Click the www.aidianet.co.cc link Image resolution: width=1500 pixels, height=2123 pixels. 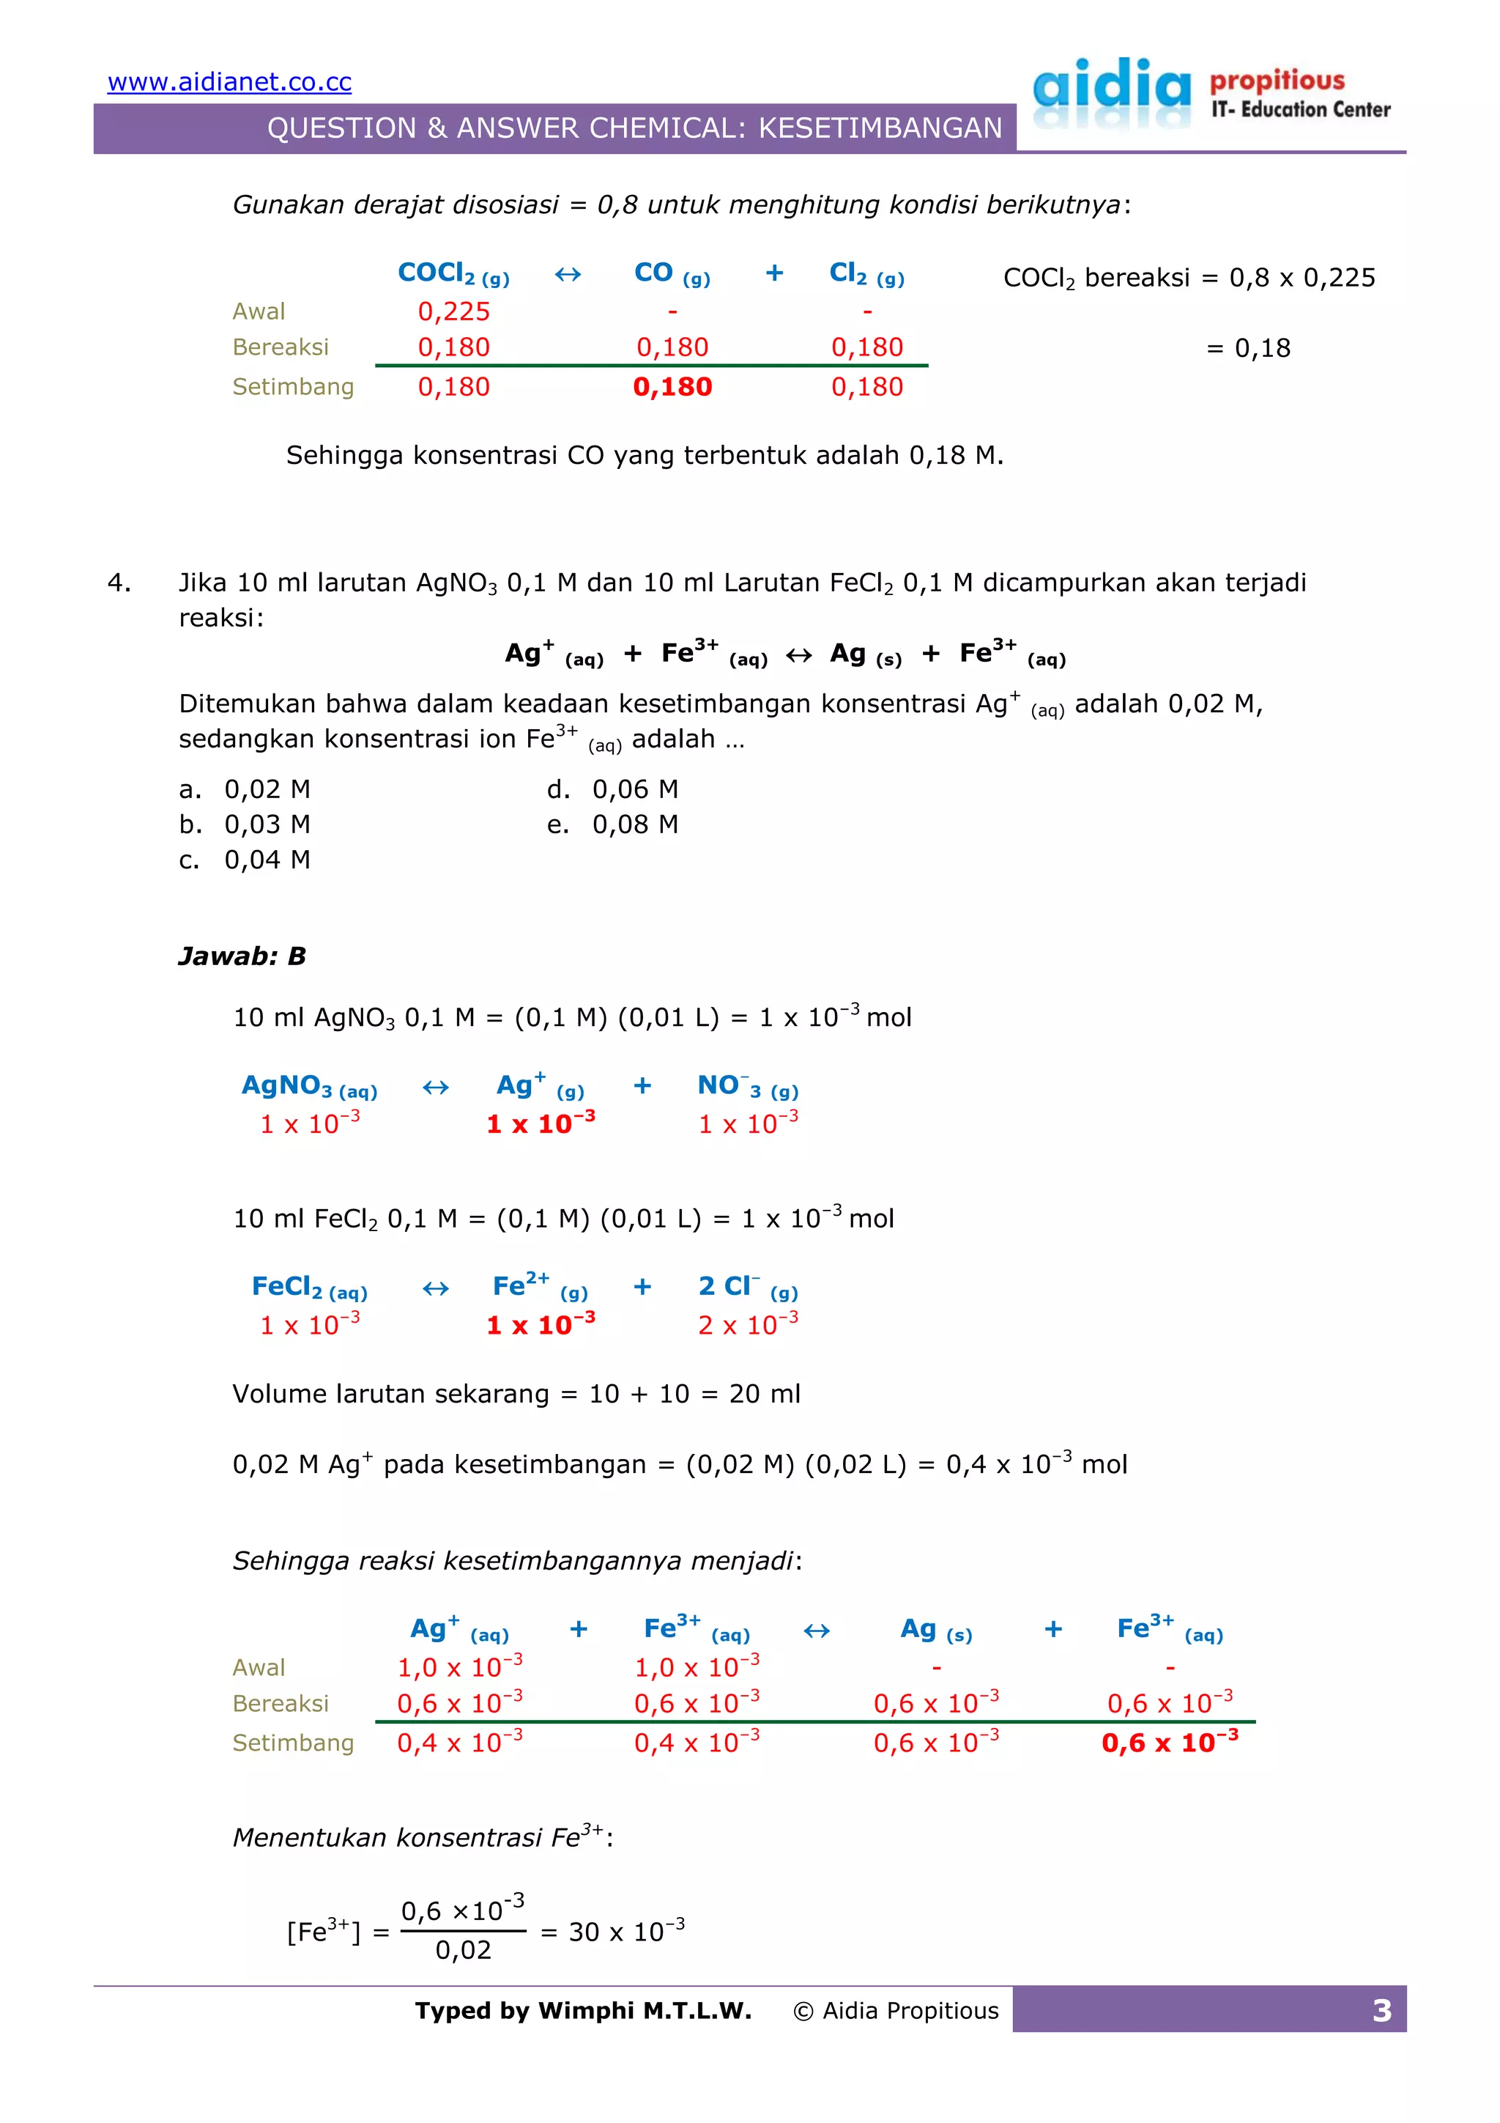point(229,82)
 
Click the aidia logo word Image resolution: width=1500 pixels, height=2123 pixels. point(1112,87)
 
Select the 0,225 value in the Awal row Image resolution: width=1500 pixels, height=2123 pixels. point(454,311)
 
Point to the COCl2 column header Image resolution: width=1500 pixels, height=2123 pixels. point(453,273)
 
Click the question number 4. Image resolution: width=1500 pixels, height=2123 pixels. point(119,583)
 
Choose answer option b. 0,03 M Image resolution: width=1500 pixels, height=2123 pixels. point(245,824)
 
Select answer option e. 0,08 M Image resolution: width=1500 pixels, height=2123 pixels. point(613,824)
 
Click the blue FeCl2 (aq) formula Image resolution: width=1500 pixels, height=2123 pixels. point(308,1287)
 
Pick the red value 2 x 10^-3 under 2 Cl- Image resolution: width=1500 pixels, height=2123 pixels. point(748,1325)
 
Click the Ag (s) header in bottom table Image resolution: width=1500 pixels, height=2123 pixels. point(935,1630)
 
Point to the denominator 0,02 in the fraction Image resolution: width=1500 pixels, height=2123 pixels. point(463,1950)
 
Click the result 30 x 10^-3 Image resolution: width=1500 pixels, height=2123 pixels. point(625,1932)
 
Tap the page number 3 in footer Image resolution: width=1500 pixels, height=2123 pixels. point(1381,2011)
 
